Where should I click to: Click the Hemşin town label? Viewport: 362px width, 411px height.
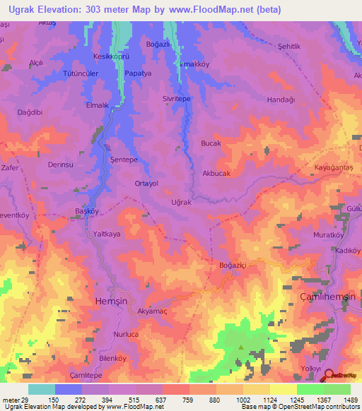pyautogui.click(x=110, y=300)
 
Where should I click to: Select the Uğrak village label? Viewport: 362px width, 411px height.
pyautogui.click(x=182, y=202)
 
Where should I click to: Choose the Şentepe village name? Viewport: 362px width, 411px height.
pyautogui.click(x=124, y=160)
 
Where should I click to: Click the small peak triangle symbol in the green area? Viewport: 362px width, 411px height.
pyautogui.click(x=241, y=347)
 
